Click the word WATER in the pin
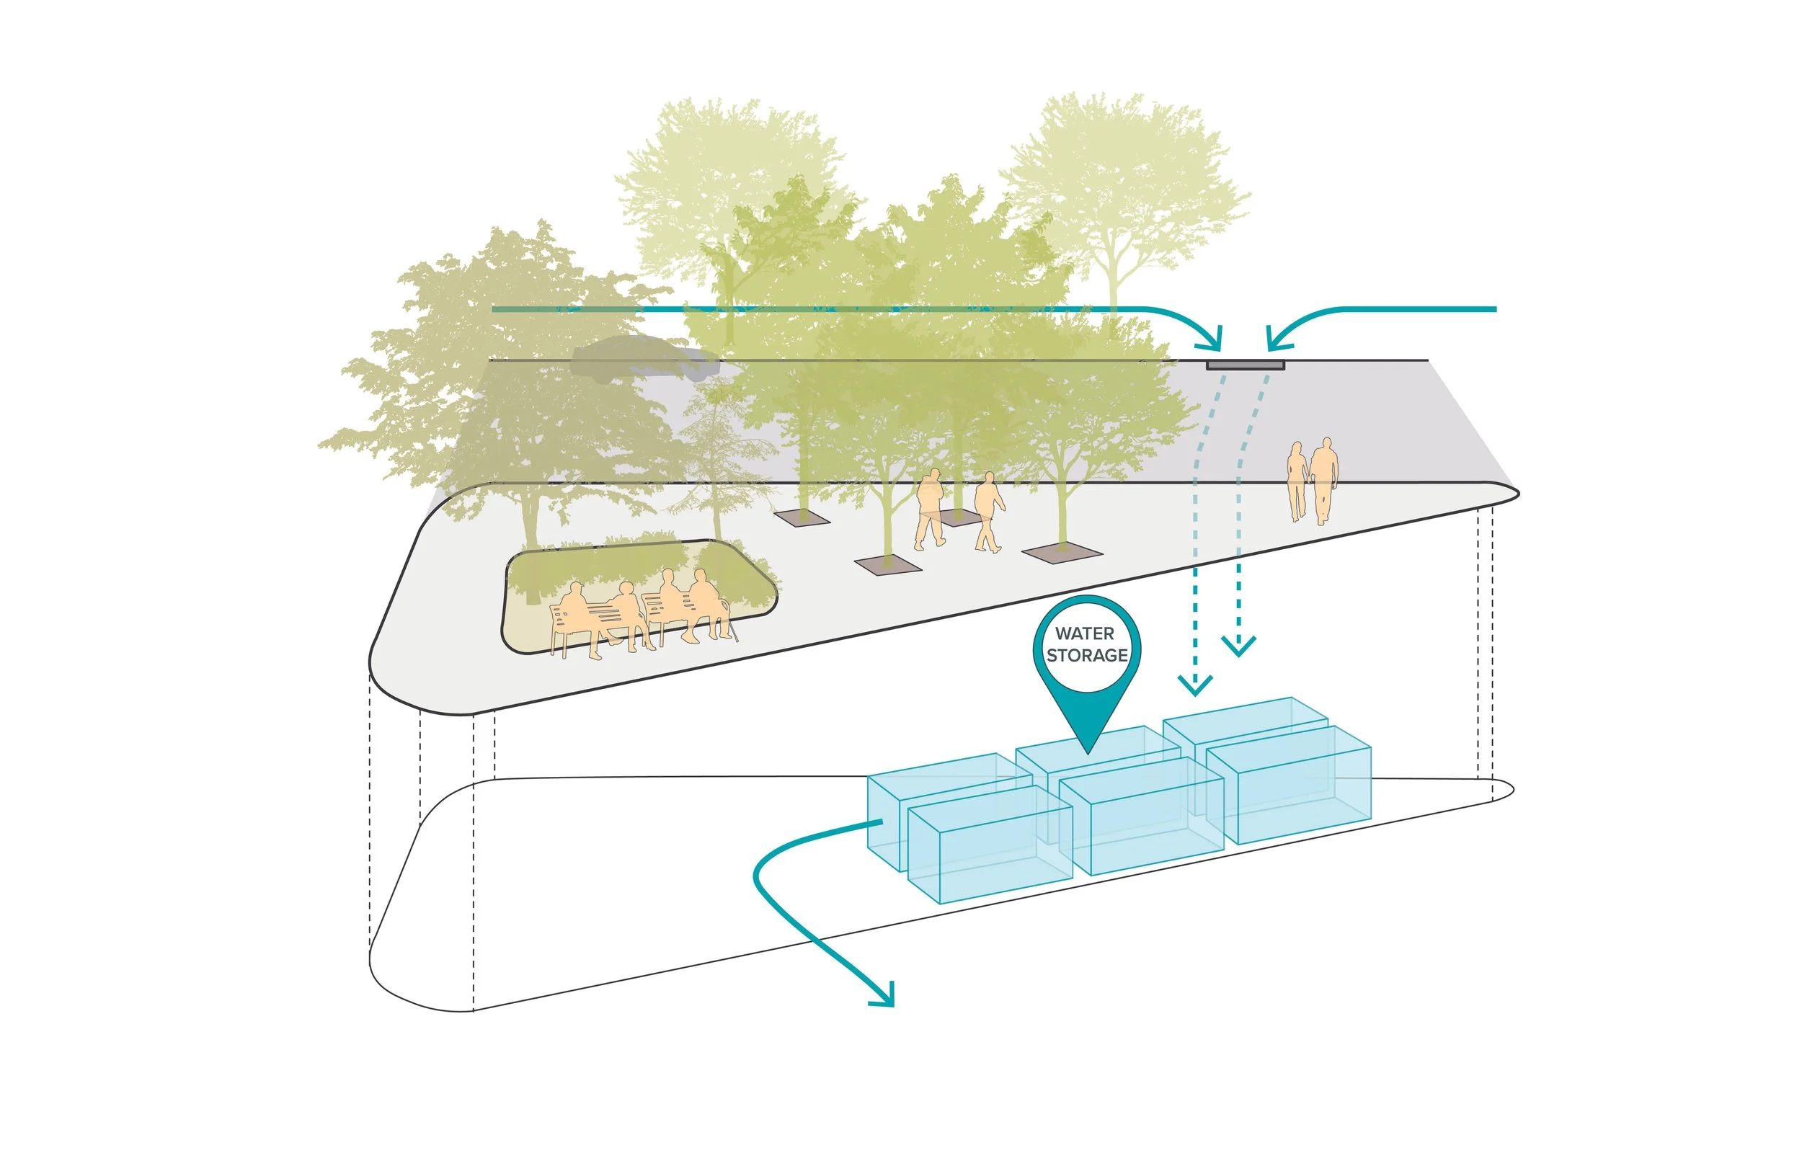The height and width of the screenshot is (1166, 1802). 1084,633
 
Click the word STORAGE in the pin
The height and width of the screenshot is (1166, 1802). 1087,655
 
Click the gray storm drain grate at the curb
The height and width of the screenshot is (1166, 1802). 1245,365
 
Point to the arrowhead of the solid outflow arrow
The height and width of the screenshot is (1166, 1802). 886,998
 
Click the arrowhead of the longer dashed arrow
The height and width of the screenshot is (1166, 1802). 1196,686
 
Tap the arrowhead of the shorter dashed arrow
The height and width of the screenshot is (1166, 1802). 1238,647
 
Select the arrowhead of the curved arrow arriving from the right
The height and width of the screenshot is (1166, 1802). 1276,342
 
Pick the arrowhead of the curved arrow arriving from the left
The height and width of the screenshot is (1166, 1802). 1213,342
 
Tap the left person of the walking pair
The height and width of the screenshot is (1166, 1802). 929,507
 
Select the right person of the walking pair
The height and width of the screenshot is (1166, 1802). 987,511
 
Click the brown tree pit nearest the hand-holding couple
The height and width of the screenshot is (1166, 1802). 1062,554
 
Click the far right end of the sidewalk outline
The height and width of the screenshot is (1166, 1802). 1517,493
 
